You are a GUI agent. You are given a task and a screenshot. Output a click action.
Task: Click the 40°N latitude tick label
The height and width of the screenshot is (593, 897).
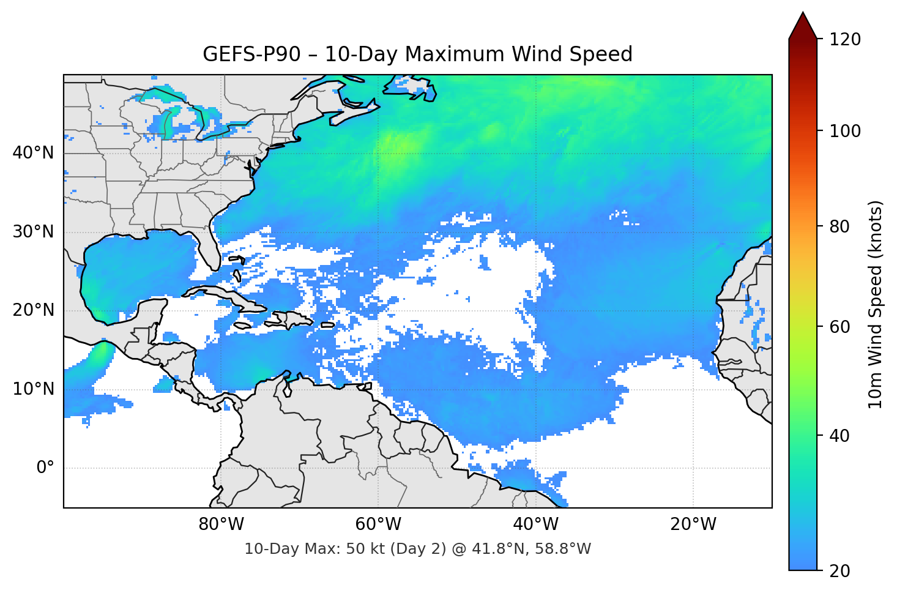tap(33, 152)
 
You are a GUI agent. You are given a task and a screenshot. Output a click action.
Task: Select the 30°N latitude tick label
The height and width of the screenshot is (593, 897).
tap(33, 231)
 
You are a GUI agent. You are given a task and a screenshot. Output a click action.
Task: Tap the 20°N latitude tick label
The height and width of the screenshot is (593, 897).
tap(33, 310)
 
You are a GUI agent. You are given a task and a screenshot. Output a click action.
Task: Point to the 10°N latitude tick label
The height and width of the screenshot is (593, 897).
tap(33, 389)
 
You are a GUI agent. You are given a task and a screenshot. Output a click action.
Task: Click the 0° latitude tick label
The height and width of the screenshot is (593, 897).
tap(45, 468)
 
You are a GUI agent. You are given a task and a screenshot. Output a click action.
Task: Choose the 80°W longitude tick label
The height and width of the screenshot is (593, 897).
tap(221, 524)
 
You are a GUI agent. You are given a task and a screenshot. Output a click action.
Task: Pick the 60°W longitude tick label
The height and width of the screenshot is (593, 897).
tap(378, 524)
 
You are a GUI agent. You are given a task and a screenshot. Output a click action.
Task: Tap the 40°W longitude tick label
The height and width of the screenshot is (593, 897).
tap(535, 524)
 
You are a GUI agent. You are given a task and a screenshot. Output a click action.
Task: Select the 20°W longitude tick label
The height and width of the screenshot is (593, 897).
tap(693, 524)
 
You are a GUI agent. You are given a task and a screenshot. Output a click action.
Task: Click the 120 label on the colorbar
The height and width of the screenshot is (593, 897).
tap(845, 39)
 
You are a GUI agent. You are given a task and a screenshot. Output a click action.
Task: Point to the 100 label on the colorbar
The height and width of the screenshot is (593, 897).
tap(845, 131)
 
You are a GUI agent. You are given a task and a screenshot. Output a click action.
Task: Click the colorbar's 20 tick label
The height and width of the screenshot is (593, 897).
tap(839, 571)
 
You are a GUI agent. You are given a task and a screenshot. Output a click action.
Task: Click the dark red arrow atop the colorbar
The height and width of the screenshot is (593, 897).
tap(803, 26)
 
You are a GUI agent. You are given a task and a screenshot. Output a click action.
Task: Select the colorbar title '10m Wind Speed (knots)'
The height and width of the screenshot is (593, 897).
tap(876, 304)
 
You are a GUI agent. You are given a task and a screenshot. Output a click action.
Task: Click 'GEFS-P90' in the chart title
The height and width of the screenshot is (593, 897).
tap(251, 54)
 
